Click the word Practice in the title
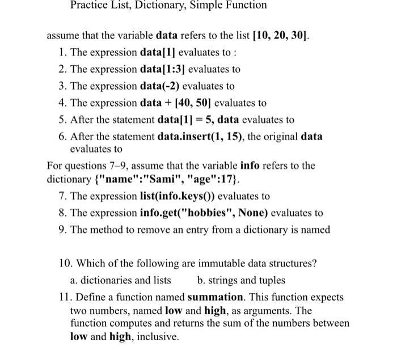pos(88,5)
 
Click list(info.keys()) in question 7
pos(177,196)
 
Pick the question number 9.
pos(62,230)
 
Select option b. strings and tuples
pos(241,281)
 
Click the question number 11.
pos(65,297)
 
